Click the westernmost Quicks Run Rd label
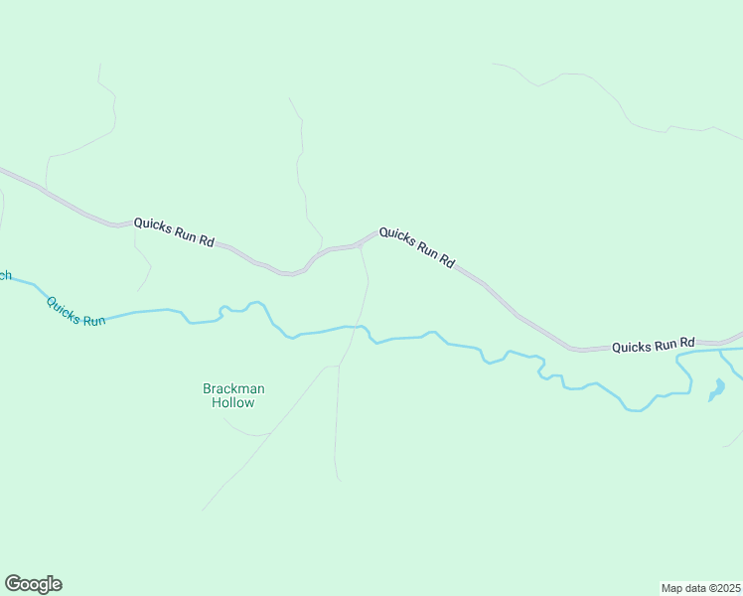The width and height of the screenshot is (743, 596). tap(175, 231)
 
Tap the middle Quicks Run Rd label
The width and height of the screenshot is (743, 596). tap(417, 247)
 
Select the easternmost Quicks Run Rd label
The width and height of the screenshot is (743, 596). tap(653, 346)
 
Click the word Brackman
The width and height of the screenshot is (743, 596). tap(233, 388)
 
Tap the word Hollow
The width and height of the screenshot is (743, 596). tap(233, 402)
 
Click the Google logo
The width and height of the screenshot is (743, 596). tap(34, 584)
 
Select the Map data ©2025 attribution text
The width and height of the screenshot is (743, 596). tap(701, 587)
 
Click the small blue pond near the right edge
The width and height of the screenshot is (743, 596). tap(716, 389)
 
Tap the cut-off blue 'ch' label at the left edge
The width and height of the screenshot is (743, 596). tap(4, 275)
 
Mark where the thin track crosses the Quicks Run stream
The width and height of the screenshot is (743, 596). tap(359, 326)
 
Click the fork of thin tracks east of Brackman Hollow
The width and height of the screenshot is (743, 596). tap(338, 366)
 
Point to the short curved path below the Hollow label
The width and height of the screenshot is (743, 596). tap(245, 430)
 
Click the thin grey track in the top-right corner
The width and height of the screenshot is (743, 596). tap(596, 84)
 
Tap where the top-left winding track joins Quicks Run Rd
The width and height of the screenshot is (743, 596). tap(46, 188)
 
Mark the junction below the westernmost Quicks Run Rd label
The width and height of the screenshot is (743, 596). tap(134, 224)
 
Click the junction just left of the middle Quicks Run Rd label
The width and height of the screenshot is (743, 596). tap(360, 243)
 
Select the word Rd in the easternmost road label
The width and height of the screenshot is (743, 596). tap(683, 344)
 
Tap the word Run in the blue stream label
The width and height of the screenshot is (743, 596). tap(92, 320)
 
